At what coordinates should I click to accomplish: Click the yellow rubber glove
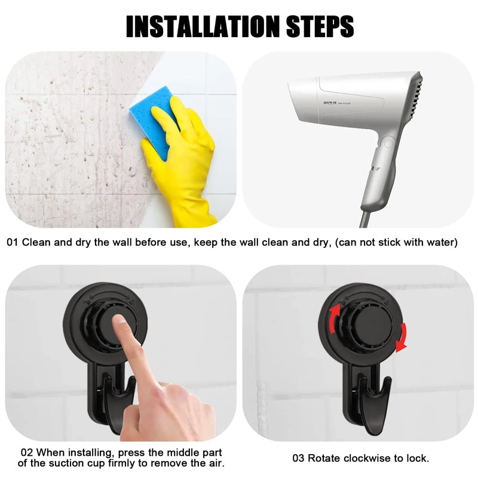tap(182, 167)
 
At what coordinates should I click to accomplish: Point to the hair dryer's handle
tap(378, 173)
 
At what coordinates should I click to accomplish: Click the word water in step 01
tap(442, 243)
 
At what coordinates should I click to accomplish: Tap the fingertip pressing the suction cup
tap(120, 322)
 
